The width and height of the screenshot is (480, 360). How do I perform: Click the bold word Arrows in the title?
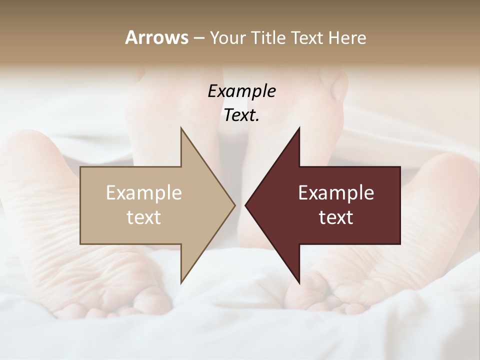tap(156, 37)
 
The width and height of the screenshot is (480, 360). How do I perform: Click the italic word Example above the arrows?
tap(241, 91)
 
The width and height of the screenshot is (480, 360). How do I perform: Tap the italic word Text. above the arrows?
tap(241, 115)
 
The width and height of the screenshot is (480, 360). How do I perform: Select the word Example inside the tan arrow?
tap(144, 192)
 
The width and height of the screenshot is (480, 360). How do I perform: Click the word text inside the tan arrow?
tap(144, 217)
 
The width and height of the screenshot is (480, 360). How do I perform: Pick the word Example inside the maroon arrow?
tap(336, 192)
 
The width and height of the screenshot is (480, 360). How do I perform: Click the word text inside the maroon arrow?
tap(336, 217)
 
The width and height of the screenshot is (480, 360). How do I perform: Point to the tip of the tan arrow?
tap(234, 205)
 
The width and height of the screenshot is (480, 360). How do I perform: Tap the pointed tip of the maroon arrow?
tap(246, 205)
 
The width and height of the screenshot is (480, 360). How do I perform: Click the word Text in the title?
tap(307, 38)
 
